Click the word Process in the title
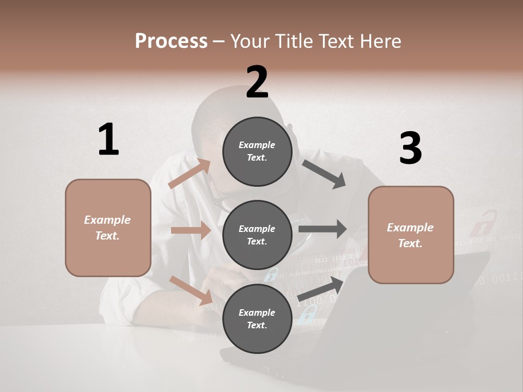pyautogui.click(x=171, y=41)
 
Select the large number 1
pyautogui.click(x=108, y=140)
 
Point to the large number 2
pyautogui.click(x=257, y=82)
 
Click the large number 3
pyautogui.click(x=410, y=149)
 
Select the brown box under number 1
pyautogui.click(x=108, y=228)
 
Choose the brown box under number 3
pyautogui.click(x=411, y=235)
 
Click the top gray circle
pyautogui.click(x=257, y=151)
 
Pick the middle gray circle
pyautogui.click(x=257, y=235)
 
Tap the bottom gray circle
pyautogui.click(x=257, y=319)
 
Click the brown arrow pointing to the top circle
pyautogui.click(x=190, y=174)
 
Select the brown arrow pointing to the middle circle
pyautogui.click(x=191, y=230)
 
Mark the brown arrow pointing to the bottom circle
pyautogui.click(x=191, y=290)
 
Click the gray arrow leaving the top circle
pyautogui.click(x=324, y=174)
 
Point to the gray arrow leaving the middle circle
pyautogui.click(x=323, y=229)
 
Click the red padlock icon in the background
pyautogui.click(x=483, y=223)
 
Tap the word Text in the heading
pyautogui.click(x=336, y=41)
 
